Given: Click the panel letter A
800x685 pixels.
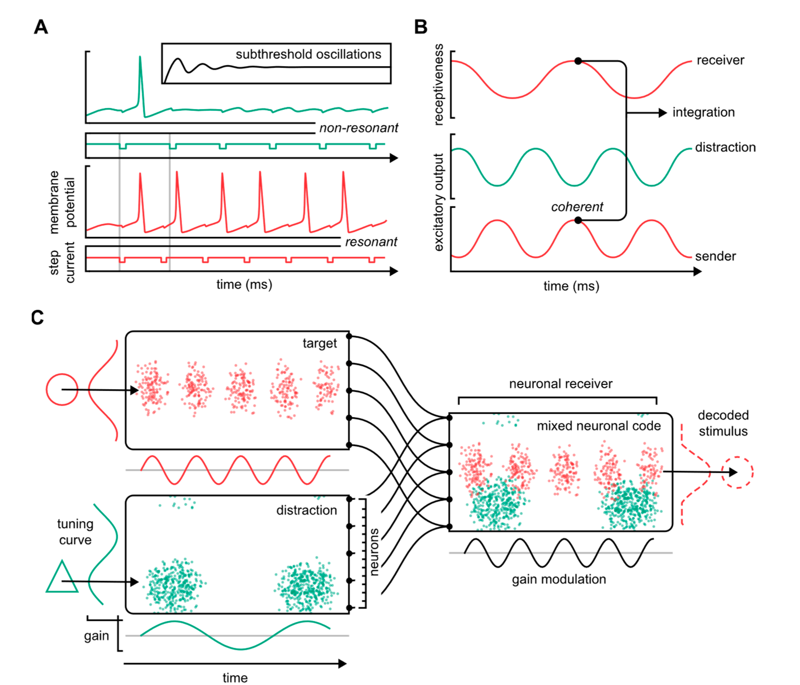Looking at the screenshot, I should (41, 27).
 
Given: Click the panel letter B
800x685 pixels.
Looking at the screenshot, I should (421, 27).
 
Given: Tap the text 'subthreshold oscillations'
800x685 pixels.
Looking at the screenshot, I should (308, 54).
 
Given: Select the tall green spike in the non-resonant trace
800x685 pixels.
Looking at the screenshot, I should (140, 77).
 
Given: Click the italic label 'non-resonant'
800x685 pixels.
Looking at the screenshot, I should (358, 128).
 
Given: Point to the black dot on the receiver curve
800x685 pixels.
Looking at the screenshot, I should (578, 61).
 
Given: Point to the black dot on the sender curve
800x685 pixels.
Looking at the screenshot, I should (578, 220).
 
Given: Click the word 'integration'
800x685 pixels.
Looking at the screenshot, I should (703, 112).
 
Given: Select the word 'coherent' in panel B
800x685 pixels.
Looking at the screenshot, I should (577, 207).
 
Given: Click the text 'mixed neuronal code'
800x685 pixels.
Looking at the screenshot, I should (598, 426).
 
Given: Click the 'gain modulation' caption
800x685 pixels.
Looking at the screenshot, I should (559, 579).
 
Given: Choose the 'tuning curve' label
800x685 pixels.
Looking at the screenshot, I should (75, 532).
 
